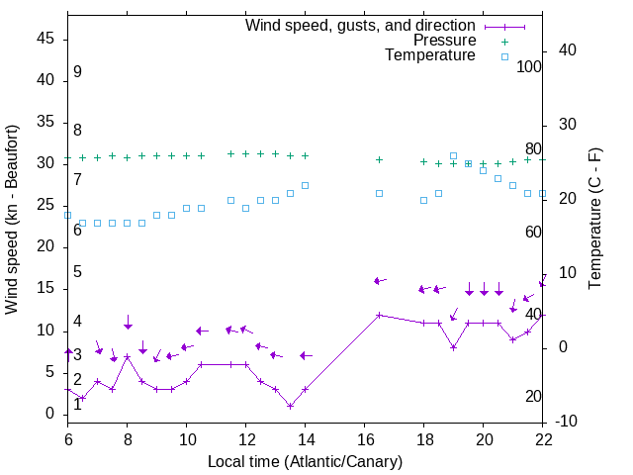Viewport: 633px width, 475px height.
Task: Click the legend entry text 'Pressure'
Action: click(x=444, y=41)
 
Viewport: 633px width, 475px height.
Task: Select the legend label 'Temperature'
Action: click(x=430, y=56)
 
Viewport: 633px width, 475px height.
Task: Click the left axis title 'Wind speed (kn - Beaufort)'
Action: click(x=12, y=219)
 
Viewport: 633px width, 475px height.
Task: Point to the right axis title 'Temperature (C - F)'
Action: click(x=594, y=219)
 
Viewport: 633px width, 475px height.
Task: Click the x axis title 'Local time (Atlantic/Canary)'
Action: click(x=306, y=461)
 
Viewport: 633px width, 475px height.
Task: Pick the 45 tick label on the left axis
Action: click(x=45, y=38)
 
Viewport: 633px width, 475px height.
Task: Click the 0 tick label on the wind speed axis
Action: click(x=50, y=414)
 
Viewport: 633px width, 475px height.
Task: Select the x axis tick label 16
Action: click(x=365, y=437)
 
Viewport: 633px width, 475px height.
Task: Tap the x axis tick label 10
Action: click(x=186, y=437)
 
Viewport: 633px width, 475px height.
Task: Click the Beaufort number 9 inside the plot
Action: click(x=77, y=72)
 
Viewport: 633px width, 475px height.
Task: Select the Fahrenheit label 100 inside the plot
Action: click(x=529, y=66)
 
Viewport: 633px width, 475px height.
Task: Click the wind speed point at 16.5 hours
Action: click(x=379, y=315)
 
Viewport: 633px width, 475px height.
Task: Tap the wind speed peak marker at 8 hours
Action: click(x=127, y=356)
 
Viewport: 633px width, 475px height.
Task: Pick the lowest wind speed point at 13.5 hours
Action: click(x=290, y=406)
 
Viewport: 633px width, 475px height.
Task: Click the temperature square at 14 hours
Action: click(x=305, y=185)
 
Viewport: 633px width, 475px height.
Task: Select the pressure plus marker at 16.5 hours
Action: click(x=379, y=159)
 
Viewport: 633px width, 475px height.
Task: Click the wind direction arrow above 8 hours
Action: click(x=128, y=323)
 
